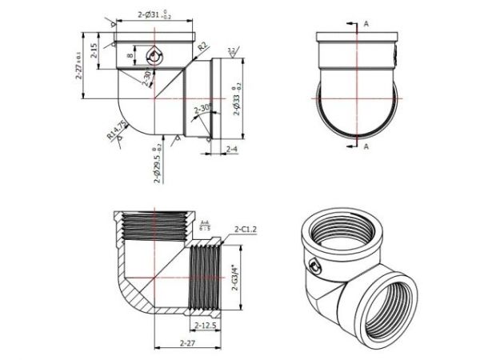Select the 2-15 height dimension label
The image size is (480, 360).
pyautogui.click(x=94, y=52)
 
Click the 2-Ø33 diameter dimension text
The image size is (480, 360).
pyautogui.click(x=237, y=100)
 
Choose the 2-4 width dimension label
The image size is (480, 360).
pyautogui.click(x=231, y=150)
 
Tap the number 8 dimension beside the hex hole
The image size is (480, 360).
pyautogui.click(x=129, y=55)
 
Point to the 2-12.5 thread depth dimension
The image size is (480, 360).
pyautogui.click(x=208, y=326)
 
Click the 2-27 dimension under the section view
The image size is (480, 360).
pyautogui.click(x=187, y=342)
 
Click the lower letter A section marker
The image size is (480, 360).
pyautogui.click(x=366, y=148)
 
